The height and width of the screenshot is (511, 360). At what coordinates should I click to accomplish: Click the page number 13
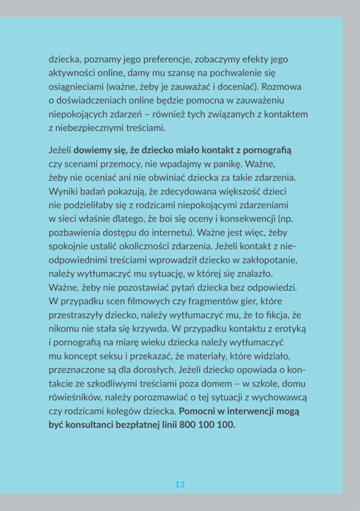180,484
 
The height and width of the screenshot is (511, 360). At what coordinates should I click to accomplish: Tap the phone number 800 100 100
207,425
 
